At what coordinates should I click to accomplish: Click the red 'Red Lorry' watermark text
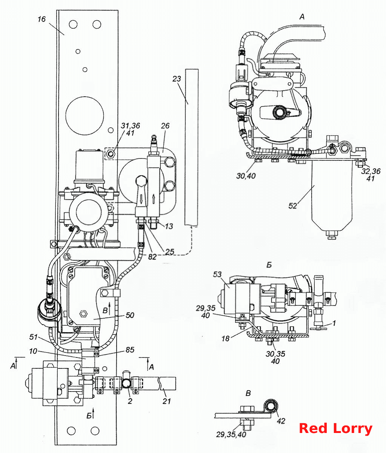pyautogui.click(x=335, y=428)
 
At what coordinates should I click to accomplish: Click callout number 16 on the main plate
pyautogui.click(x=42, y=19)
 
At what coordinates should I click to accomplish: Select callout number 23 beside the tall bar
pyautogui.click(x=177, y=79)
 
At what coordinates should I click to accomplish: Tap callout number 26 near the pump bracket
pyautogui.click(x=165, y=126)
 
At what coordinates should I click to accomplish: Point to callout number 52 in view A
pyautogui.click(x=293, y=206)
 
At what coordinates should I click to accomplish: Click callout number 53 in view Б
pyautogui.click(x=217, y=274)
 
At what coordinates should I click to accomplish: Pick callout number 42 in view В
pyautogui.click(x=281, y=421)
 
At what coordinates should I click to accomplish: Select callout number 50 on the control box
pyautogui.click(x=130, y=315)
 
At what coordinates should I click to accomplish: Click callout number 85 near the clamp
pyautogui.click(x=130, y=350)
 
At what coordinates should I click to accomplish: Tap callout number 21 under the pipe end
pyautogui.click(x=166, y=401)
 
